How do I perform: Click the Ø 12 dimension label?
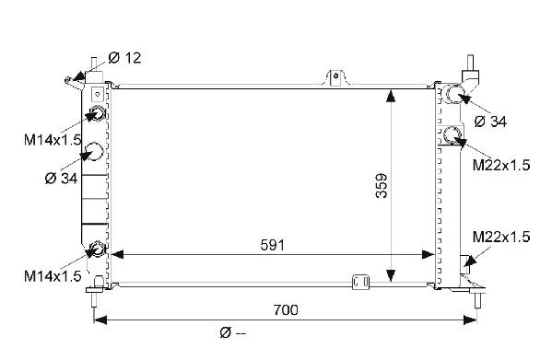tap(124, 58)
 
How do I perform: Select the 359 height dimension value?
tap(382, 186)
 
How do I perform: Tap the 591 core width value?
tap(272, 245)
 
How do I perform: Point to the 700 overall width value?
tap(286, 310)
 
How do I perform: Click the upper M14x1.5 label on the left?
tap(53, 140)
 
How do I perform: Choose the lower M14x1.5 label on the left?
tap(53, 276)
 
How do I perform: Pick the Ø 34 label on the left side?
tap(61, 179)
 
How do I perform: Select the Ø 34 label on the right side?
tap(490, 122)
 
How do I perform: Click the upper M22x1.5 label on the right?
tap(501, 165)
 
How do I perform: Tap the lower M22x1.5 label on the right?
tap(501, 237)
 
